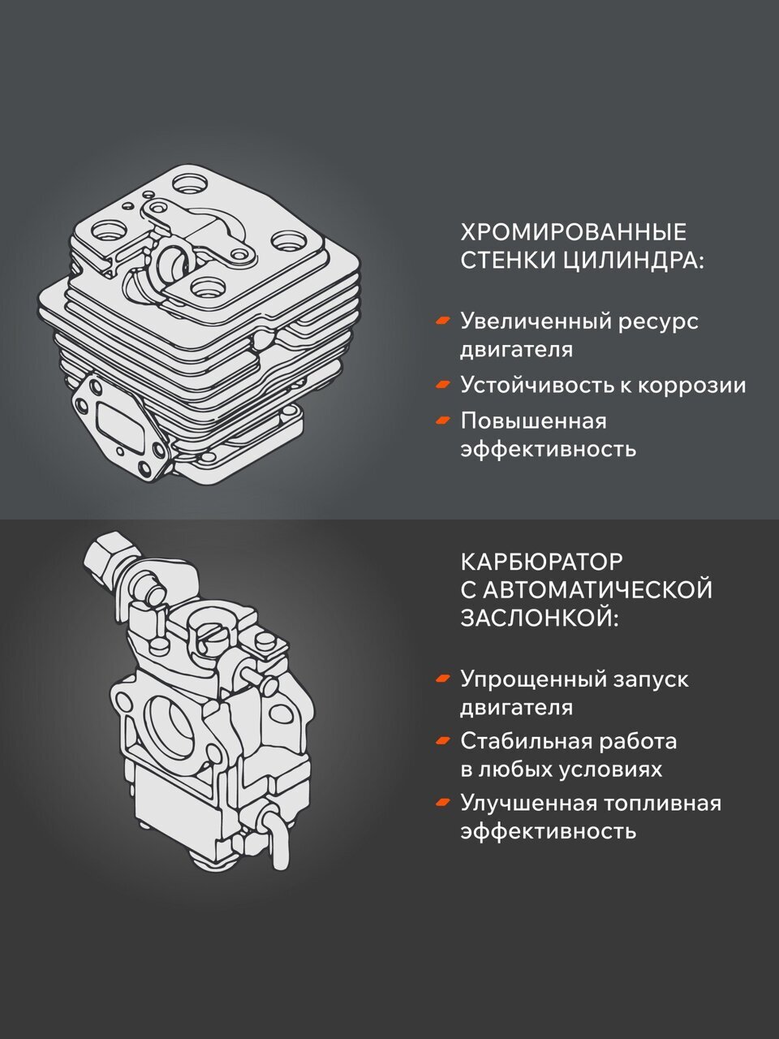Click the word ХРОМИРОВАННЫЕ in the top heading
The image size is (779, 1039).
[x=573, y=232]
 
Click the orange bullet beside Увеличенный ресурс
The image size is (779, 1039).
[x=443, y=321]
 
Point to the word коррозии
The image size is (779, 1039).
[x=691, y=386]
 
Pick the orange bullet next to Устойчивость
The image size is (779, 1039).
[x=443, y=385]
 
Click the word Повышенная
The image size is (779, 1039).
[x=533, y=420]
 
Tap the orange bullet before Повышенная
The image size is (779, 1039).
[x=443, y=420]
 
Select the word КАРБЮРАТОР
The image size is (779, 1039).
[x=542, y=562]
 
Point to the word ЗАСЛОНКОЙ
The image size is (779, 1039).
[x=540, y=618]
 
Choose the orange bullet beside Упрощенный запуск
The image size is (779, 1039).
[x=443, y=679]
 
